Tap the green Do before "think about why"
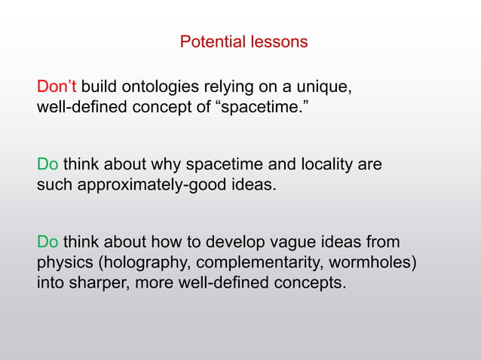pos(47,164)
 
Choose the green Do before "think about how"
pos(47,242)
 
